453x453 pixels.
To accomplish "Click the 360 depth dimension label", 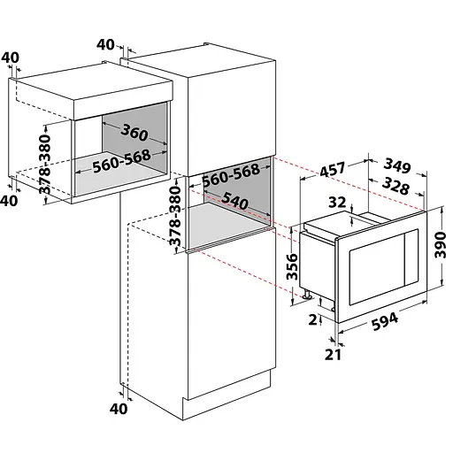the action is (x=134, y=133).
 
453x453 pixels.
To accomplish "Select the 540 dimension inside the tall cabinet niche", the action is (x=234, y=201).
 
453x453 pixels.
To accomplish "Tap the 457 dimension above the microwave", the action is (x=333, y=169).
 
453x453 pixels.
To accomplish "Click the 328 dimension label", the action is (x=396, y=186).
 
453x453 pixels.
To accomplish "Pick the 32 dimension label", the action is (x=337, y=203).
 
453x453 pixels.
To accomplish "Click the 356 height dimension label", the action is (x=293, y=266).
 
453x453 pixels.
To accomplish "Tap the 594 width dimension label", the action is (x=385, y=321).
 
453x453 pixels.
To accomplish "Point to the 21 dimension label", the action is (x=333, y=355).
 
